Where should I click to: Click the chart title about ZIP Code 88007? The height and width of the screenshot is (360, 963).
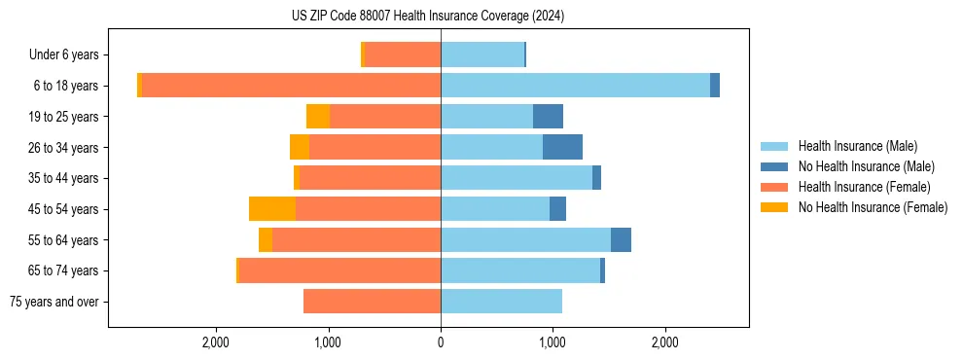[427, 17]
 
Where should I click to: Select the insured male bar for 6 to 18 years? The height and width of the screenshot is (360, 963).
[575, 86]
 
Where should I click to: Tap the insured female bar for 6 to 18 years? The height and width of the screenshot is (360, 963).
[291, 86]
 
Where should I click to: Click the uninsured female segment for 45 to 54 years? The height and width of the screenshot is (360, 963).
[272, 209]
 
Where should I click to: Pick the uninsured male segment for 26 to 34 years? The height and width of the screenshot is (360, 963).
[562, 147]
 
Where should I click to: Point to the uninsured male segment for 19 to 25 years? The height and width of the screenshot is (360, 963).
[548, 117]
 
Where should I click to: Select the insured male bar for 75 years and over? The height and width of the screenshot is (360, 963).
[501, 302]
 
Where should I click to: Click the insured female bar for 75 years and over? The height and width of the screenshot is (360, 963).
[373, 302]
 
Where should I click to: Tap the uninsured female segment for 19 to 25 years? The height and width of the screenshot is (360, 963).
[318, 117]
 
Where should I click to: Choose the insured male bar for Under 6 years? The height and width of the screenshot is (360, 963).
[482, 54]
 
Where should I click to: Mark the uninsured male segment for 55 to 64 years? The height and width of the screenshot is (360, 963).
[621, 239]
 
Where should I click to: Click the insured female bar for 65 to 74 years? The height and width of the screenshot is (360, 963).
[339, 270]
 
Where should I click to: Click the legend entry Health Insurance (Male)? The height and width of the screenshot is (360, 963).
[857, 146]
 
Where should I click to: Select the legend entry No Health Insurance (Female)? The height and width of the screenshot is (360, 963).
[873, 207]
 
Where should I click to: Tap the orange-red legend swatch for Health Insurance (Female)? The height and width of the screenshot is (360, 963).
[774, 187]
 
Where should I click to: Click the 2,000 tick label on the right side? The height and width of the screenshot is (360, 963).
[665, 342]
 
